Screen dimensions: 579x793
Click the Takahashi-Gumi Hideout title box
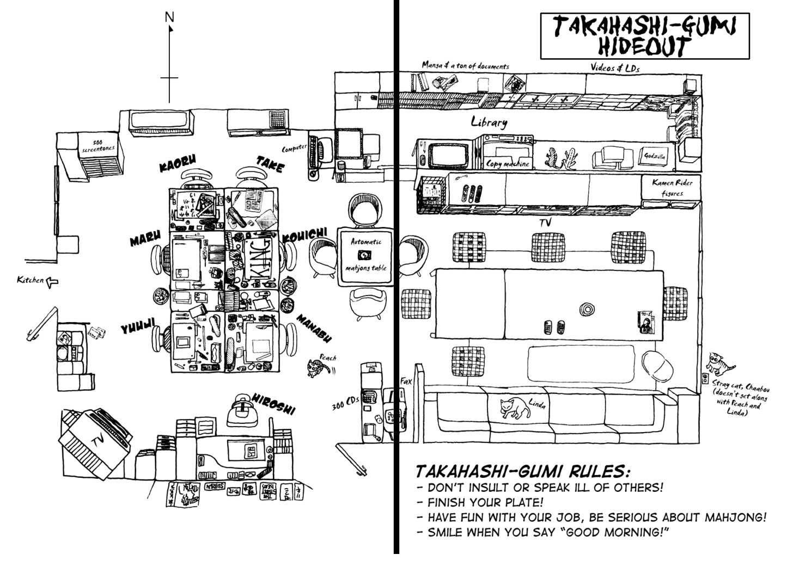click(644, 36)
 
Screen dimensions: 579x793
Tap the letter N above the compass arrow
click(169, 17)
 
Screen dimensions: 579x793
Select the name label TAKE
click(270, 164)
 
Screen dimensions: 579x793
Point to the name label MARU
click(145, 238)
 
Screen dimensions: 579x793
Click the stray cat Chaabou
click(721, 362)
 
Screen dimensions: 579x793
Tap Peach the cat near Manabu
click(315, 367)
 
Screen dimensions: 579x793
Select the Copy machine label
click(507, 164)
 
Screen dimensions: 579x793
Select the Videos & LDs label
click(615, 67)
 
